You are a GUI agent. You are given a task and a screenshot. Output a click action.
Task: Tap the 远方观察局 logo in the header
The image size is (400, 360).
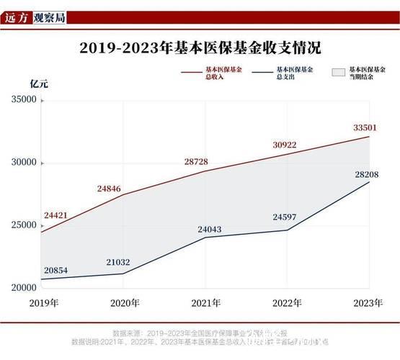35,15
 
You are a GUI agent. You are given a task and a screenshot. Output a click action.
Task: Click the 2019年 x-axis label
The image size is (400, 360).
44,303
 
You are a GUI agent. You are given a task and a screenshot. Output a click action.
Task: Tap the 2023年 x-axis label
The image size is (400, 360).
367,303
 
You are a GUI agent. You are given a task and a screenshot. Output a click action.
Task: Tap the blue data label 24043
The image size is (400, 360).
211,230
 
